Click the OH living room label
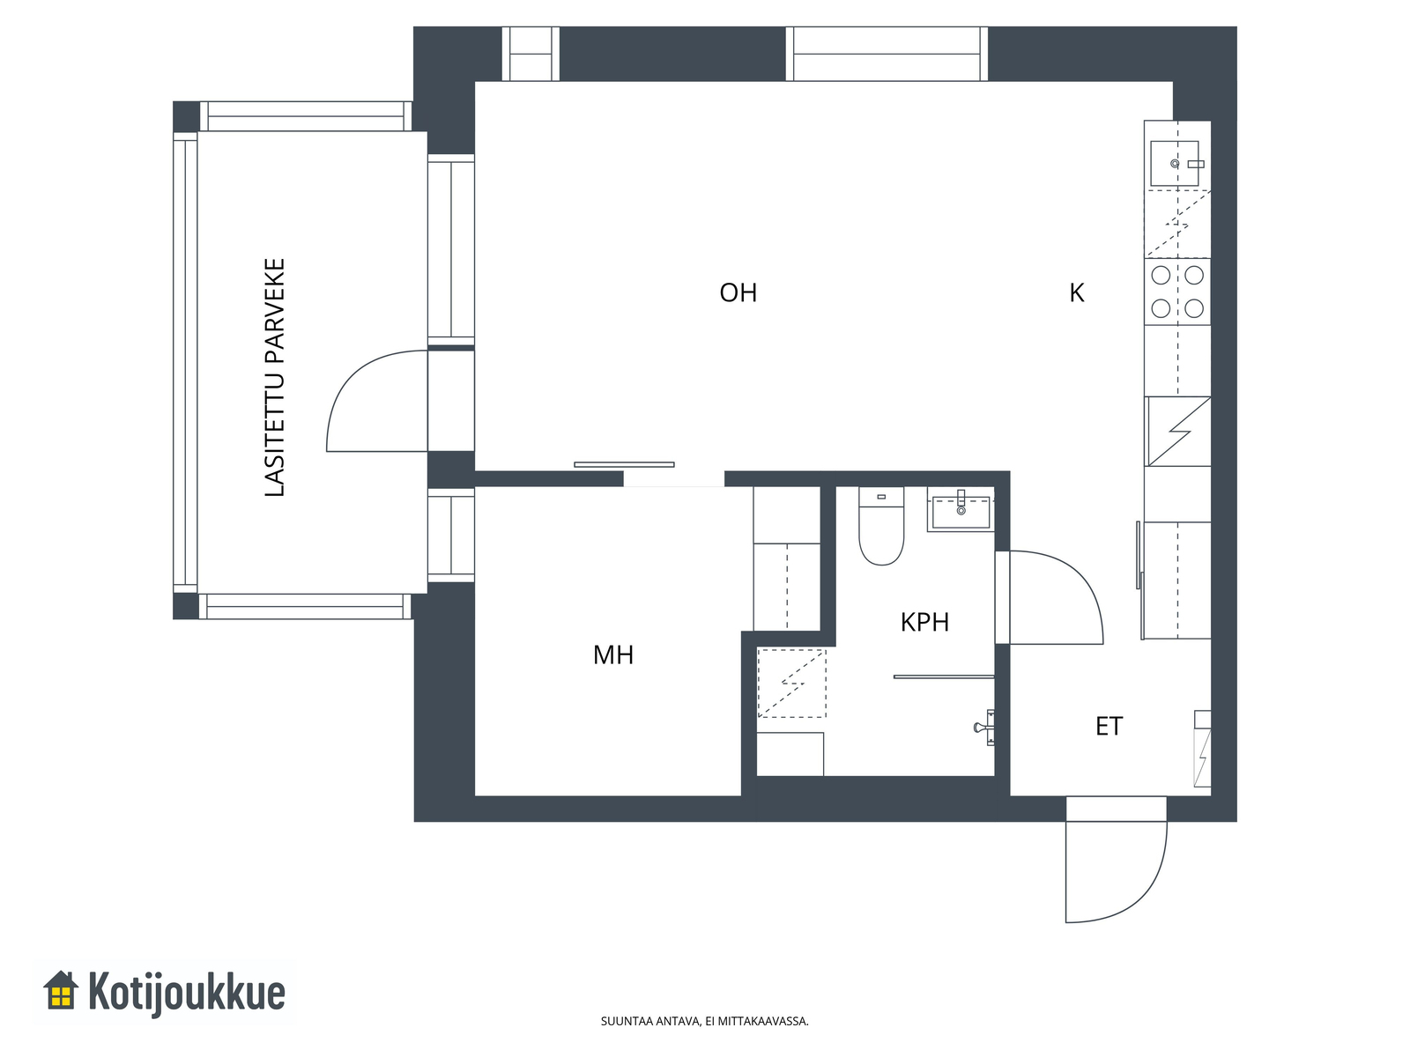click(x=738, y=292)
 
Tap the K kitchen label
click(x=1077, y=292)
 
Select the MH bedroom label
click(x=612, y=654)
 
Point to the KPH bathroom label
click(x=924, y=622)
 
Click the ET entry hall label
click(x=1109, y=726)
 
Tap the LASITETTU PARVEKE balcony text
click(x=274, y=377)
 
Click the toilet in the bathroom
click(x=881, y=526)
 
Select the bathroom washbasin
click(x=961, y=509)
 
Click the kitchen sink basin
click(x=1174, y=164)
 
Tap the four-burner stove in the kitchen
click(x=1176, y=292)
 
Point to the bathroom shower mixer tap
click(x=984, y=728)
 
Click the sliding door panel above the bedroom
click(x=624, y=465)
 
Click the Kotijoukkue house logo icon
click(x=61, y=990)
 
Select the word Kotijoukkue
click(x=186, y=992)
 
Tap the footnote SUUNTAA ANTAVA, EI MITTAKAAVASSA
click(x=704, y=1021)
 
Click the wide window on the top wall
click(x=887, y=54)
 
